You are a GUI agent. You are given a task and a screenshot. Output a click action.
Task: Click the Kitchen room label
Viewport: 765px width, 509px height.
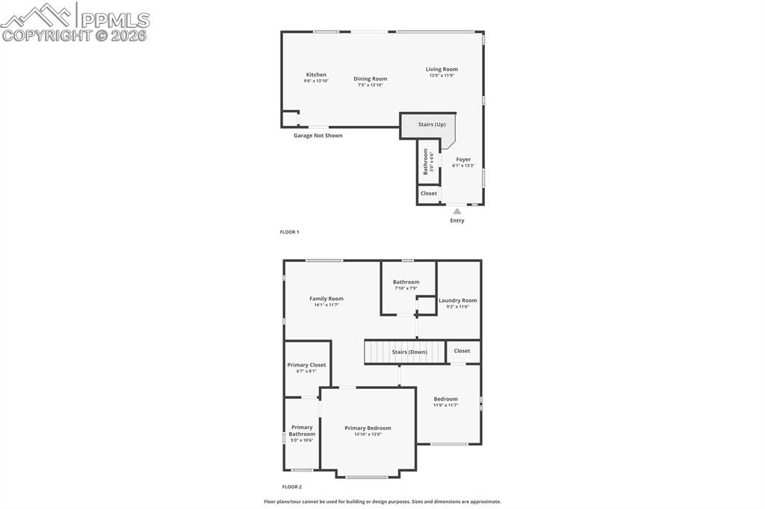[316, 75]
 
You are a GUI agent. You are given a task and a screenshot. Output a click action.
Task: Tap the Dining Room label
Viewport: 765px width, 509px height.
[370, 79]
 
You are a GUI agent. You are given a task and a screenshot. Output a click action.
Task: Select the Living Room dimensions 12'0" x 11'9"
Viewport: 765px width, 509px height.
[442, 75]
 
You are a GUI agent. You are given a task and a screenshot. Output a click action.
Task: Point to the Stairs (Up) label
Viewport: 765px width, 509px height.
[431, 125]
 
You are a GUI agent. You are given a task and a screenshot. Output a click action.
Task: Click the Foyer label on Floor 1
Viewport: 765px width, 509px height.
[463, 159]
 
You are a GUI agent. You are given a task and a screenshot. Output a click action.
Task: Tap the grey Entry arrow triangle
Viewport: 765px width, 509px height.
[456, 211]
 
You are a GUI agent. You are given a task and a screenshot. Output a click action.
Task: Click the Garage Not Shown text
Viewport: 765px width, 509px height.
[318, 136]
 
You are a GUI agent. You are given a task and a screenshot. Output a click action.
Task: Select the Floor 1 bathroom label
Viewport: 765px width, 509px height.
[427, 161]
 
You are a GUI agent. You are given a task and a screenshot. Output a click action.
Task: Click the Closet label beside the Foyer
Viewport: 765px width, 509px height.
[428, 193]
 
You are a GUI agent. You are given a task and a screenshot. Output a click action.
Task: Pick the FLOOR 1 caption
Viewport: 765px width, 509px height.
[289, 232]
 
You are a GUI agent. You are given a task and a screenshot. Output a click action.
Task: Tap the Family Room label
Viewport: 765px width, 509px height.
[326, 299]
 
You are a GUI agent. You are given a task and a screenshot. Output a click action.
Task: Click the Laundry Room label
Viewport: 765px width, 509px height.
[457, 300]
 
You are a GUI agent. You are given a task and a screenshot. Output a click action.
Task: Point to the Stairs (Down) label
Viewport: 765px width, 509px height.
[409, 352]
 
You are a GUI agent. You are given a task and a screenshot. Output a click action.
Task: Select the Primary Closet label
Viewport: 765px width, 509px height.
[306, 365]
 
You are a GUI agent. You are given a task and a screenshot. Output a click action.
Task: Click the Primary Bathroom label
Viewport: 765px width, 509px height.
[302, 431]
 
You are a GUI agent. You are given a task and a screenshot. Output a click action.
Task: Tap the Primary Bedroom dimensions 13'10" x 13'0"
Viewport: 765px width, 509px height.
[368, 434]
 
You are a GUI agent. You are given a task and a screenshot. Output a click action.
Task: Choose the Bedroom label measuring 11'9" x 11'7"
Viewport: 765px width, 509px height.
[445, 399]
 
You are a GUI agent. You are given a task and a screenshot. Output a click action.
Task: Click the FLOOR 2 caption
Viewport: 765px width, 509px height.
[291, 487]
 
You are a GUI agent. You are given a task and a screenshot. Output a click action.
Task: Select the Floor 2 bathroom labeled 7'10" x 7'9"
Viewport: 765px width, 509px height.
[406, 282]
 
